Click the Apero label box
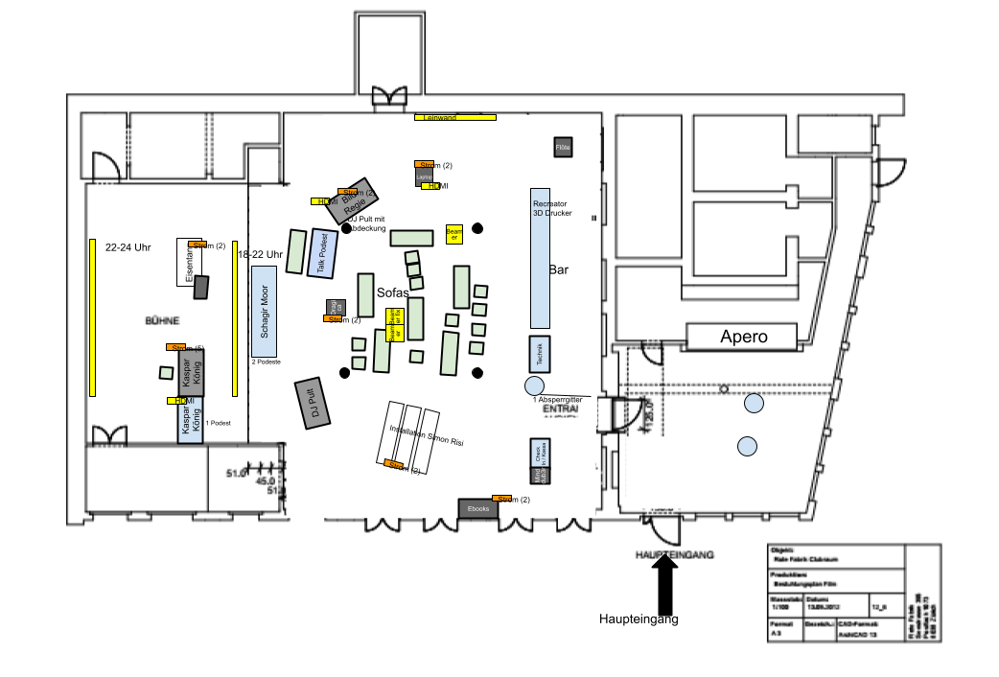coord(741,337)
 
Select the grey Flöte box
coord(563,147)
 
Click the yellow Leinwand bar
coord(455,117)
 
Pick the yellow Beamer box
coord(454,234)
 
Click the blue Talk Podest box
coord(322,254)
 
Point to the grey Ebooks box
coord(478,509)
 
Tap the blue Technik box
coord(539,353)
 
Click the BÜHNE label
coord(162,320)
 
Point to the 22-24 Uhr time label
coord(128,247)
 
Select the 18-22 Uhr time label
coord(260,254)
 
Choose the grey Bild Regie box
coord(353,201)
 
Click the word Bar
coord(559,270)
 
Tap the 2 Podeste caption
coord(267,362)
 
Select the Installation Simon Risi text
coord(419,441)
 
